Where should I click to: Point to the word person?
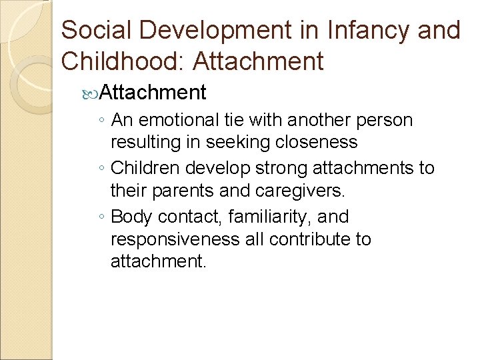(x=385, y=121)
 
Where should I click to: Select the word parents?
(x=185, y=191)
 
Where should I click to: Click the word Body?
(x=130, y=217)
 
